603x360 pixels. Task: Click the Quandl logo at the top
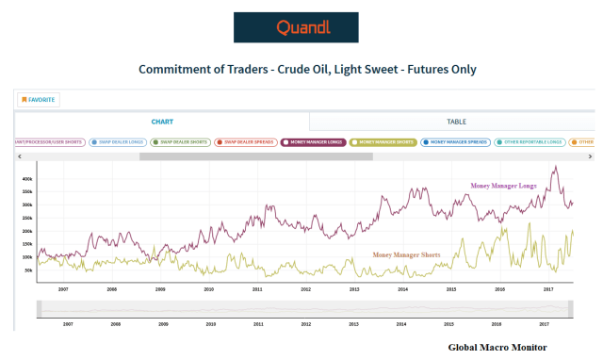point(296,27)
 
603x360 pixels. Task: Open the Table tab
point(456,122)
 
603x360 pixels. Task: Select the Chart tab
point(162,122)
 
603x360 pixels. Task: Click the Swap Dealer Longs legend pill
point(117,142)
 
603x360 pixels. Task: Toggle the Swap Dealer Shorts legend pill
point(181,142)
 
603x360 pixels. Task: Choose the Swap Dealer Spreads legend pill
point(246,142)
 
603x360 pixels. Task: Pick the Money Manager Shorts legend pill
point(383,142)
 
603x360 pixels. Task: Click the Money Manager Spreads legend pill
point(453,142)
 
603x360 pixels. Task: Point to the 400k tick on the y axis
point(27,178)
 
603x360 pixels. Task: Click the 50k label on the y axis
point(28,270)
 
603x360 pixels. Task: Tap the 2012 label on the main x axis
point(305,289)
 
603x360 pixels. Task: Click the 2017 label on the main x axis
point(546,289)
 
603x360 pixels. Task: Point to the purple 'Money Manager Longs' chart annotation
point(503,187)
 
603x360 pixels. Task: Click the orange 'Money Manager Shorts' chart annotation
point(407,254)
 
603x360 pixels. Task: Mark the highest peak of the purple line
point(556,167)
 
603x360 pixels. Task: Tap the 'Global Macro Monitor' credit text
point(497,348)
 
